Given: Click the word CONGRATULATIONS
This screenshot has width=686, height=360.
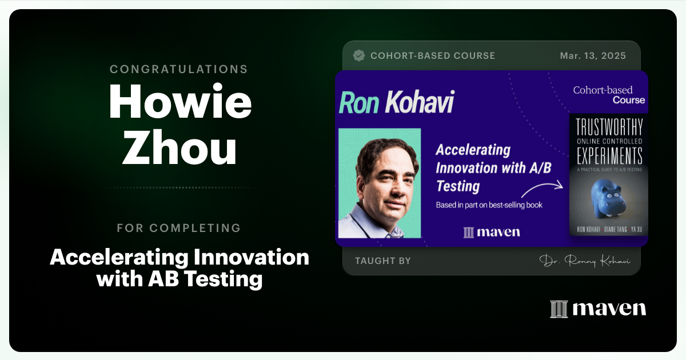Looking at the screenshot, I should [x=179, y=69].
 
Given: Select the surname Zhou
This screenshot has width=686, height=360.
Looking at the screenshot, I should [x=179, y=149].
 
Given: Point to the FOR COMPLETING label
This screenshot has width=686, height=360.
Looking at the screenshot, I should [x=179, y=228].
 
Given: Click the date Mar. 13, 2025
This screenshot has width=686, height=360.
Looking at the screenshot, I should [x=593, y=56].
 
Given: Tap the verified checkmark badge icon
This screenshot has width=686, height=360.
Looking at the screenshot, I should [x=359, y=55].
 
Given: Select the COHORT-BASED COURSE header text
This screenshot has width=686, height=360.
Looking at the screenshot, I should [x=433, y=56].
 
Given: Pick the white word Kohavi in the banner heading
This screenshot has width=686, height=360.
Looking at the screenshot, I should [x=419, y=102].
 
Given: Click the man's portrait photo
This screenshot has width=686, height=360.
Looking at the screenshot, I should [x=380, y=183].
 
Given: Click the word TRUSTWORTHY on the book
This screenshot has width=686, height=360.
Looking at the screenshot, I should [x=609, y=126].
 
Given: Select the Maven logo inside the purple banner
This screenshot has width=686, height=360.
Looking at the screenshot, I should [x=492, y=231].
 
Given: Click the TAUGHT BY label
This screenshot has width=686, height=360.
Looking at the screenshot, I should [x=383, y=261].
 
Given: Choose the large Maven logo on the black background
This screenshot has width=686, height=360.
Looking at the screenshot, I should [x=598, y=309].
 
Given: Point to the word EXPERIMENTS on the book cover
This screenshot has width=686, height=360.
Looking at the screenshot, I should [x=609, y=155].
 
